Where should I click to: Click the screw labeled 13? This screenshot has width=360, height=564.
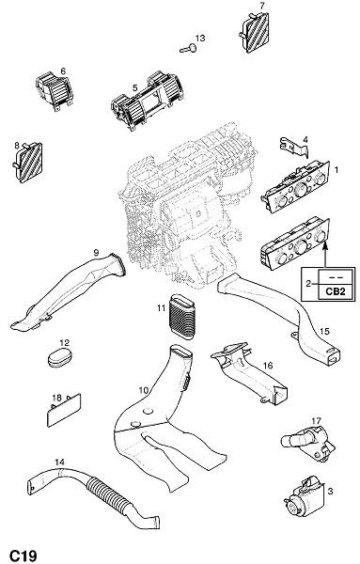189,48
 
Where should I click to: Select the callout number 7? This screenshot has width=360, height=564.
262,6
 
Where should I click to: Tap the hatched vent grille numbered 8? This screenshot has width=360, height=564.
28,163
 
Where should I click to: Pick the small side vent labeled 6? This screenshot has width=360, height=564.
55,91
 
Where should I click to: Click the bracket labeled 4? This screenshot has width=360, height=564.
294,148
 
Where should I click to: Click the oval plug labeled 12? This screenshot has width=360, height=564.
60,356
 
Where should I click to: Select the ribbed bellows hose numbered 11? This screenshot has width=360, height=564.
181,317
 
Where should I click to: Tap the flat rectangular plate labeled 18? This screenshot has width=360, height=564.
64,410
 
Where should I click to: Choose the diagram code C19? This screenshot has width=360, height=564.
23,555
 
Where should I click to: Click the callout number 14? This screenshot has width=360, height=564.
60,462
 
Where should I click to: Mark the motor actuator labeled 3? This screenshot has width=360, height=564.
305,500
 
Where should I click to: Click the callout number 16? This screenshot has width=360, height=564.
268,366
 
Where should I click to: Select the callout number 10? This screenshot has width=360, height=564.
144,390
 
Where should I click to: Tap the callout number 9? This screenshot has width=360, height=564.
96,253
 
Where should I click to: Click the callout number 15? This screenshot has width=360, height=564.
324,331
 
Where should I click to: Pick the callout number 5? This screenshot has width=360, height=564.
134,87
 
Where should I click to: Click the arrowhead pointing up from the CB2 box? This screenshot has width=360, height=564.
326,245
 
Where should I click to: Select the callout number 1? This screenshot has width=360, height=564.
337,169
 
